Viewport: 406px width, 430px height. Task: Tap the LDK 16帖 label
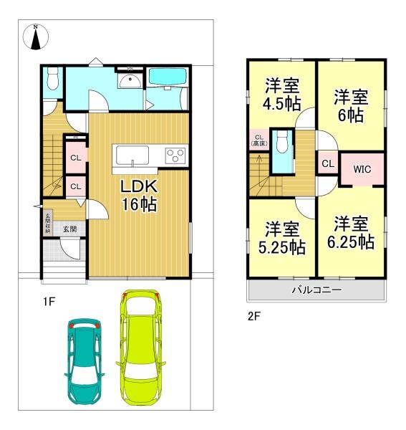(x=139, y=194)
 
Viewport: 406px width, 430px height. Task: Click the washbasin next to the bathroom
(x=129, y=80)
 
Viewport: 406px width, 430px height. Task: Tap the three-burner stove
(x=175, y=154)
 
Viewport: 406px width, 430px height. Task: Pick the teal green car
(x=85, y=358)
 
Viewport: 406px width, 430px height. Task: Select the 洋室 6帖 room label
(x=352, y=105)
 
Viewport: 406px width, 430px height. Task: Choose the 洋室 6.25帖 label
(x=352, y=232)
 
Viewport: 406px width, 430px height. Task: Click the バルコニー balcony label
(x=316, y=290)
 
